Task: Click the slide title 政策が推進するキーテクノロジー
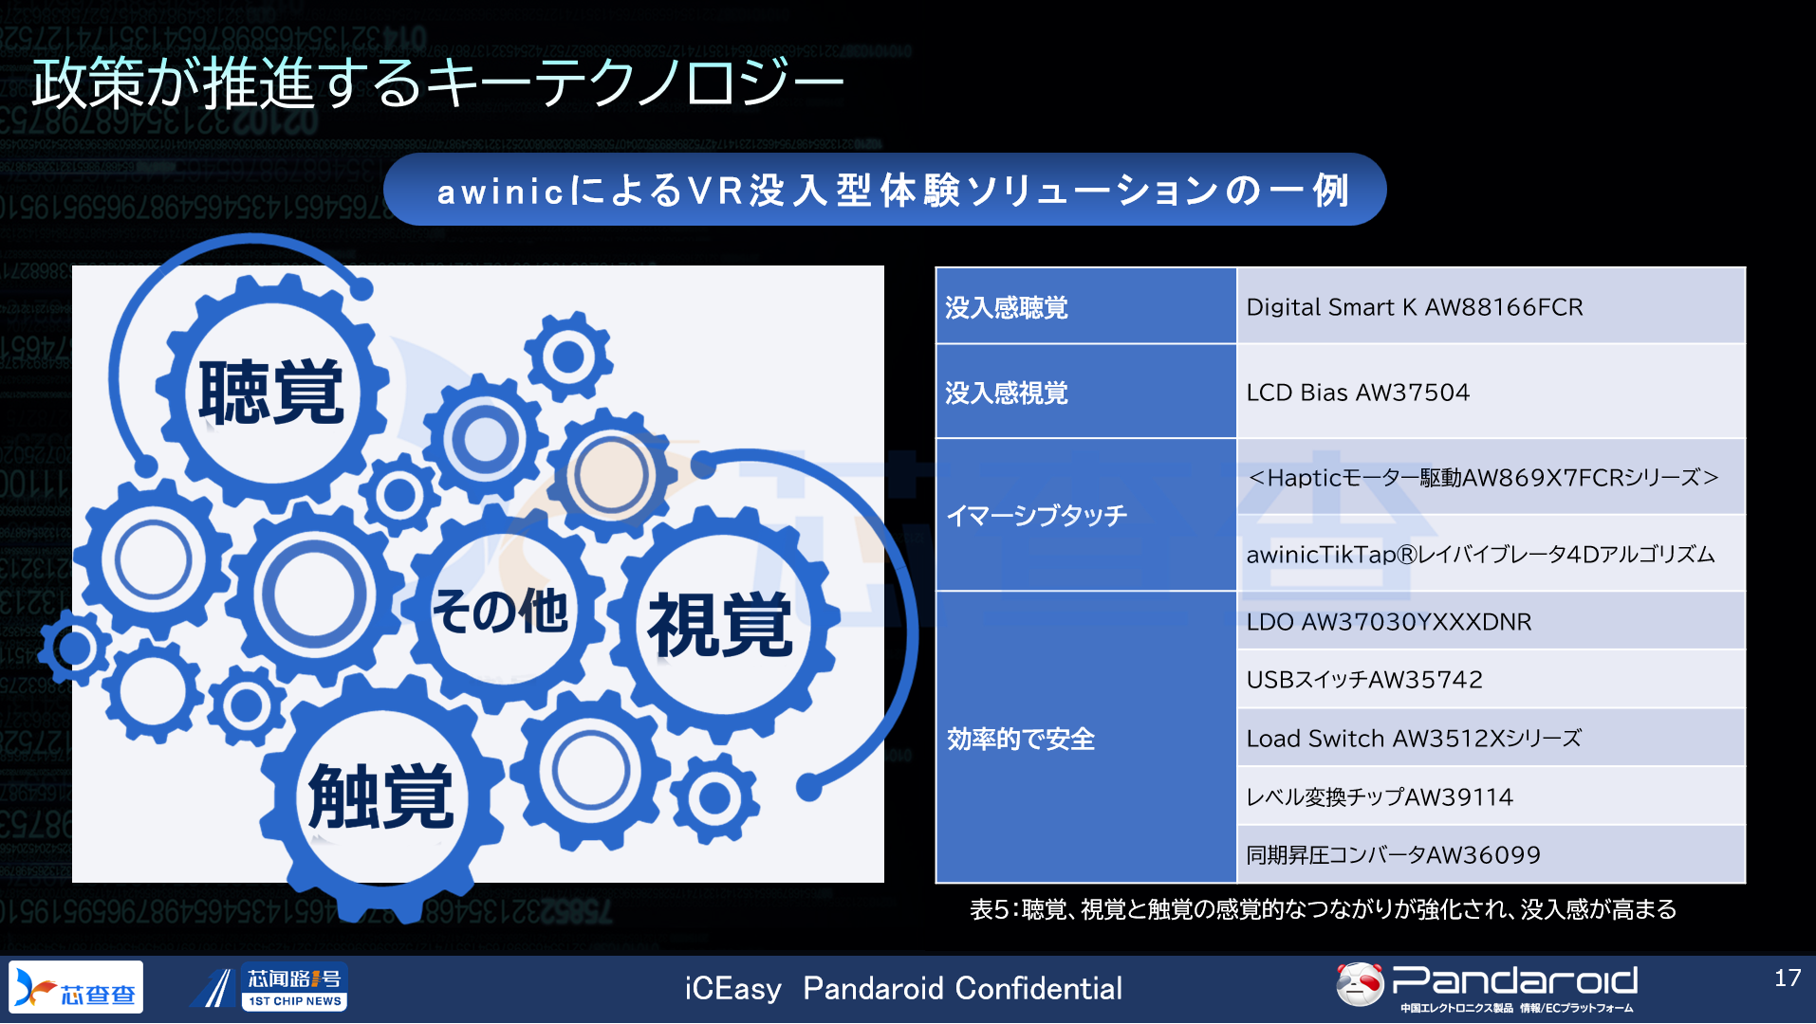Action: coord(437,82)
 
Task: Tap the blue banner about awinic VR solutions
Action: coord(884,190)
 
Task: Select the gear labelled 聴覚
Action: coord(271,392)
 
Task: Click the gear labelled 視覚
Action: coord(721,624)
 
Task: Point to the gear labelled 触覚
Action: coord(381,796)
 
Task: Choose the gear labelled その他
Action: coord(500,610)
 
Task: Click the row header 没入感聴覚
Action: coord(1085,306)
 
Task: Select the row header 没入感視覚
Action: coord(1085,392)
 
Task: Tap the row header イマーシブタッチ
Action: coord(1085,515)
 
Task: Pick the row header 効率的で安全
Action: coord(1085,738)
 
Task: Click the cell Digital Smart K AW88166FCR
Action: coord(1491,306)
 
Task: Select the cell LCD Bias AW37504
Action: coord(1491,392)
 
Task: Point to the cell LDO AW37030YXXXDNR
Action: coord(1491,621)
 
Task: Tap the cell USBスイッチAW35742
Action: coord(1491,679)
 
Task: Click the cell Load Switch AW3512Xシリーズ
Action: coord(1491,738)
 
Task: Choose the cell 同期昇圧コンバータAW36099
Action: coord(1491,854)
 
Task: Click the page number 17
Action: coord(1788,978)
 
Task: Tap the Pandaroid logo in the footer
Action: coord(1486,986)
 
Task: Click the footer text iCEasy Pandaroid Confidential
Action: coord(903,988)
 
